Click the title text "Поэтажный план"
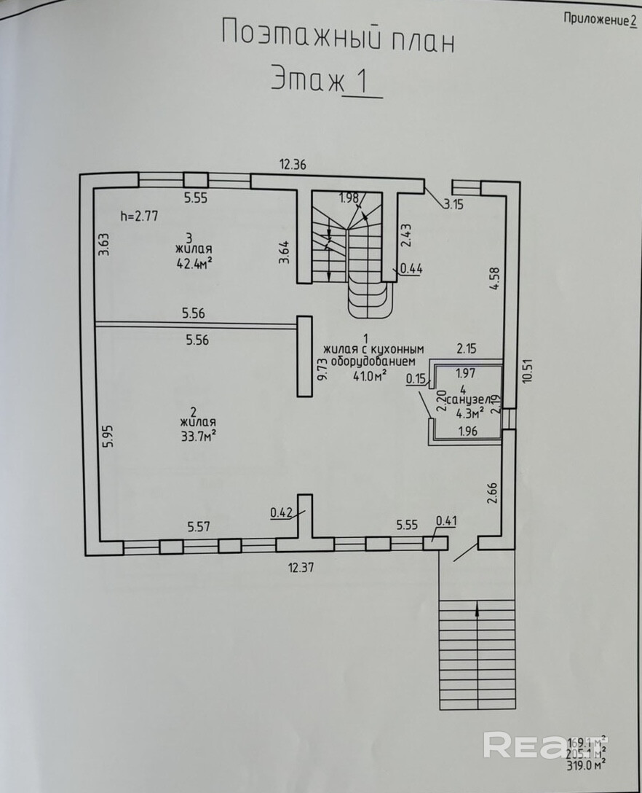point(337,36)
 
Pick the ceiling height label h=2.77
point(138,215)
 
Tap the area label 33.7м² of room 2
point(197,436)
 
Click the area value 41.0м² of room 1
point(369,375)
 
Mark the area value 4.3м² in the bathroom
point(470,413)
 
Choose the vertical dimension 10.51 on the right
point(528,372)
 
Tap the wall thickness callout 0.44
point(411,267)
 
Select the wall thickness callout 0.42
point(281,512)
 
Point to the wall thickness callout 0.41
point(445,520)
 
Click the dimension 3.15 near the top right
point(454,205)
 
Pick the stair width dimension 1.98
point(349,197)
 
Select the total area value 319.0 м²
point(587,766)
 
